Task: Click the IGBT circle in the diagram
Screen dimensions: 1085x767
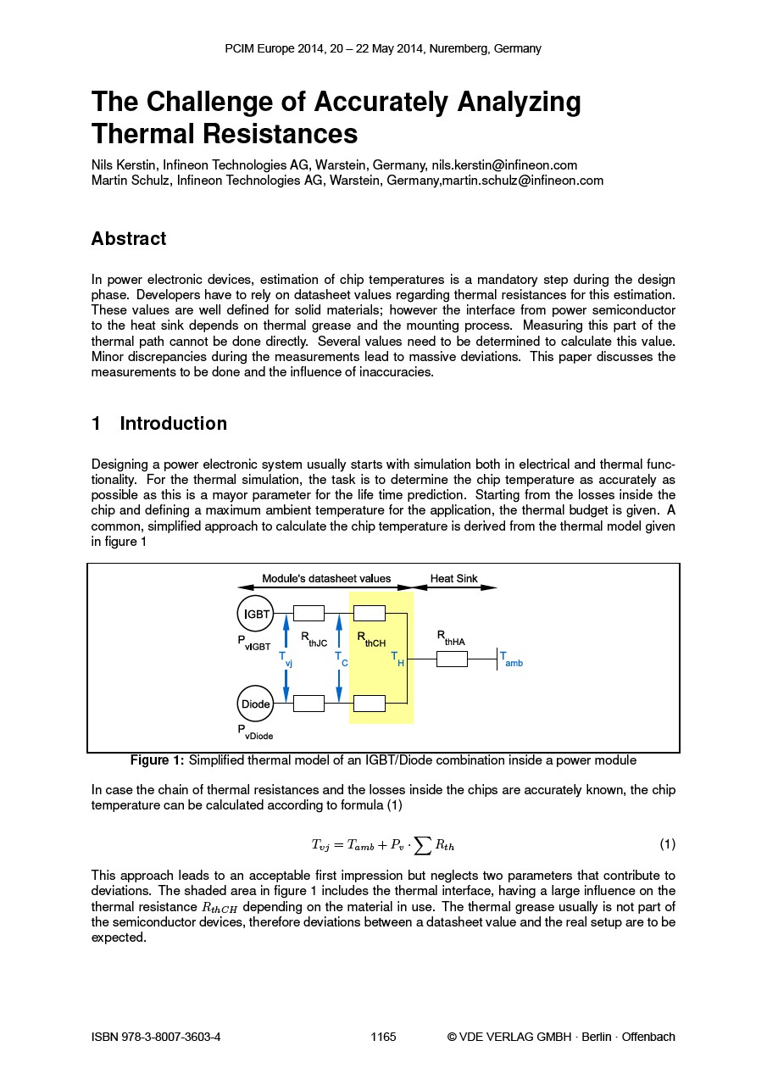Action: (x=256, y=614)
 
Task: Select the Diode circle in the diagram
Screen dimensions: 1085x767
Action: (x=256, y=704)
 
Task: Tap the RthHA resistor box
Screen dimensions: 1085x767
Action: (x=452, y=659)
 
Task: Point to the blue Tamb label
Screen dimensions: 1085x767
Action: (x=511, y=659)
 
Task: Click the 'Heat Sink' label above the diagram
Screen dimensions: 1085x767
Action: (x=453, y=579)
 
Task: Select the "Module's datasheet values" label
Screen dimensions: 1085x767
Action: (x=326, y=579)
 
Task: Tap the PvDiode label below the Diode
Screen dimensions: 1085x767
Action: (x=254, y=732)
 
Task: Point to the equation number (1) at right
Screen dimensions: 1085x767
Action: (x=667, y=844)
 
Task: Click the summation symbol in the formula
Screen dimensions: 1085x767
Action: (x=419, y=844)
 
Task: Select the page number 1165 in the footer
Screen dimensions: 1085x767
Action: (x=383, y=1037)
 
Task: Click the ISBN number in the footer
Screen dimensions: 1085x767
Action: (x=156, y=1037)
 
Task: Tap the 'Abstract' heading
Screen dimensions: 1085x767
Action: (x=129, y=239)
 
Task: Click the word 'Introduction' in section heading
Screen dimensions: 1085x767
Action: (x=174, y=424)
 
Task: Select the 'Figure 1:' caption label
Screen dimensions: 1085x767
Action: (x=157, y=760)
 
